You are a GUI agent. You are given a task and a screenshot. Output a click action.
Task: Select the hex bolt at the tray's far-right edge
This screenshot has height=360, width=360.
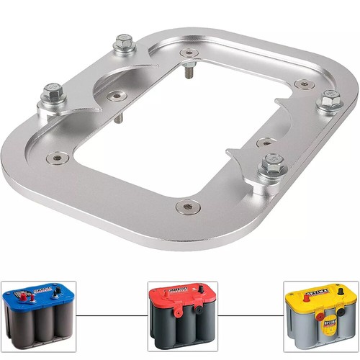click(330, 102)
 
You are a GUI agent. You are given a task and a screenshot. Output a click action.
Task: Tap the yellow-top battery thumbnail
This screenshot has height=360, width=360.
click(320, 315)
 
